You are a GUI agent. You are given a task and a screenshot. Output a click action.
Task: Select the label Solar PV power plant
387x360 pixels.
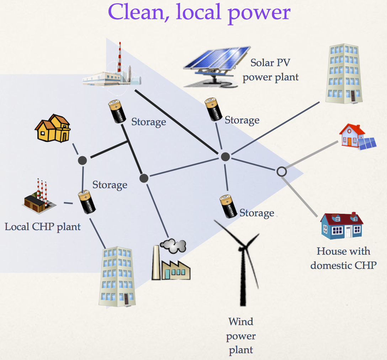tap(270, 70)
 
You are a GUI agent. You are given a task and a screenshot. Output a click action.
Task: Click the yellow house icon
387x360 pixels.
tap(53, 128)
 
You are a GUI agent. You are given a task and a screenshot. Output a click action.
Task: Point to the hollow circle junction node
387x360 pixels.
tap(281, 171)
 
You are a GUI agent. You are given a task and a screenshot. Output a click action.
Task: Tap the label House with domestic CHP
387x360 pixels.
tap(343, 258)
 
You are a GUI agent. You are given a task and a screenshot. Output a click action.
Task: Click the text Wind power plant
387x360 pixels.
tap(241, 336)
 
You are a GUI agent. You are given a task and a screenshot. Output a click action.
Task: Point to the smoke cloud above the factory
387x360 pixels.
tap(173, 245)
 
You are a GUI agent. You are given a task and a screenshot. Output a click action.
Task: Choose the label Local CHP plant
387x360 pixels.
tap(43, 227)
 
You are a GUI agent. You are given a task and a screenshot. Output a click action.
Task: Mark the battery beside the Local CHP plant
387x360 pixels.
tap(86, 202)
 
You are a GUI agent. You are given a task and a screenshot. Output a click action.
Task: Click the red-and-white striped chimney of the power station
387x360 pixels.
tap(120, 57)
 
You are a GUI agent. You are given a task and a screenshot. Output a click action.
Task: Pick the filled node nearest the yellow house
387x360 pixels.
tap(83, 160)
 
